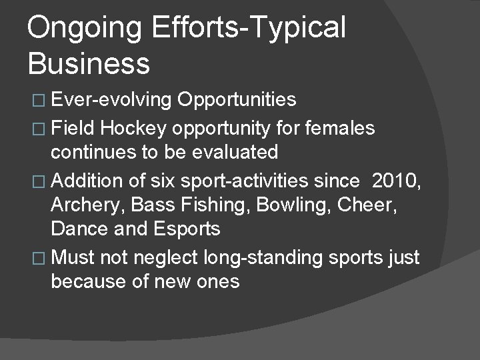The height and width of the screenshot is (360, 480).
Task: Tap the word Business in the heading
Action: click(89, 63)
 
